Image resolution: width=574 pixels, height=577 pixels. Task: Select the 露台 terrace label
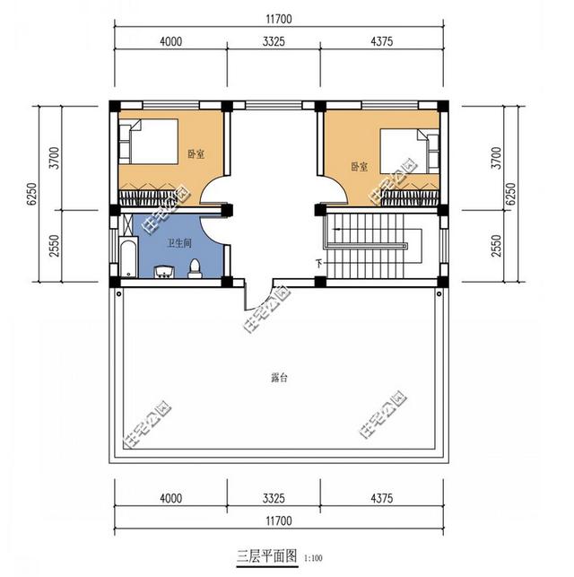[x=279, y=379]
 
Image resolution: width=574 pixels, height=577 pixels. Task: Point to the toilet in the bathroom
[x=195, y=268]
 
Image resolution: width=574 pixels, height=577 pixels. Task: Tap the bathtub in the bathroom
[x=126, y=258]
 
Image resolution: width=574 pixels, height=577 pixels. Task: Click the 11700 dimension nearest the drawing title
[x=279, y=520]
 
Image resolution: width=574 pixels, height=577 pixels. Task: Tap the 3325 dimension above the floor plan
[x=274, y=42]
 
